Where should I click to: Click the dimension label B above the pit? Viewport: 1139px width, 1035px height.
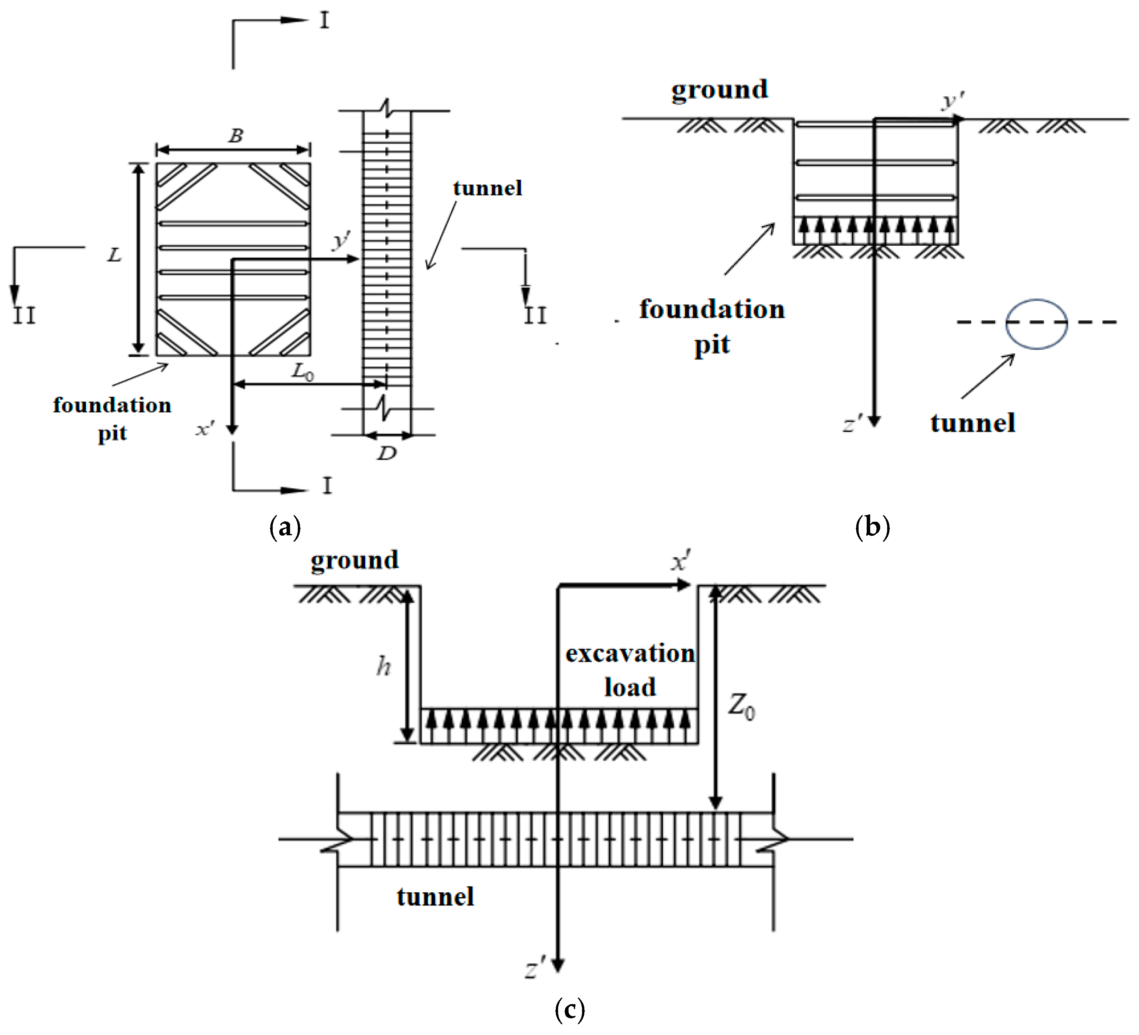(x=236, y=136)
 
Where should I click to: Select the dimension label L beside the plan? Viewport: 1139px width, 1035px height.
(x=114, y=255)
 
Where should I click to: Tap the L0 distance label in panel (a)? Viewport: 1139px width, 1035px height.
(x=303, y=372)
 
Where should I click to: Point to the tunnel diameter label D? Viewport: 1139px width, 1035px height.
(x=387, y=453)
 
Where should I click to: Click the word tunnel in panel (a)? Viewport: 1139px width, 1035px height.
(x=487, y=188)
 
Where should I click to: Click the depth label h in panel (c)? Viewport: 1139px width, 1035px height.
(x=384, y=667)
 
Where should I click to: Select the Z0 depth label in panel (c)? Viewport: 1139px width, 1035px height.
(x=741, y=706)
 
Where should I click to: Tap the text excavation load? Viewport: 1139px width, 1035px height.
(x=629, y=670)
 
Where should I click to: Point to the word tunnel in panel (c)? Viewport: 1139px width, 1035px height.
(x=435, y=897)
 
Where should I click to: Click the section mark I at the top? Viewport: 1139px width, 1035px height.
(x=324, y=21)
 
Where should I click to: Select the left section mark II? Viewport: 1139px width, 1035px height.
(x=24, y=315)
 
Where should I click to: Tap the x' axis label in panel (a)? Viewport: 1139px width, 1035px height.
(x=204, y=429)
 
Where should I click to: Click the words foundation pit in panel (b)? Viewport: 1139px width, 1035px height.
(x=712, y=327)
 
